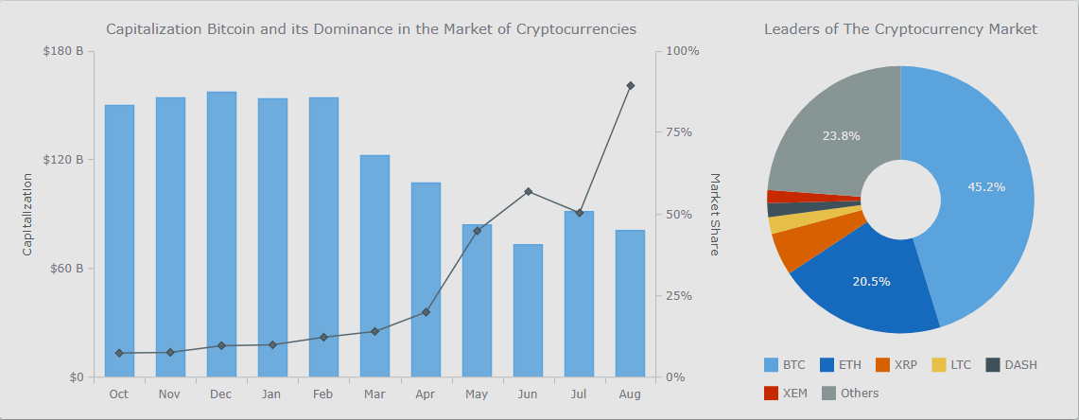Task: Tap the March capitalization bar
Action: pos(374,266)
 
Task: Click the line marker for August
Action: pos(630,86)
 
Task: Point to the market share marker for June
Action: pos(528,192)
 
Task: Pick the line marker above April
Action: pos(426,312)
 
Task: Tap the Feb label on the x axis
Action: pos(323,394)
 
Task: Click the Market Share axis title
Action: pos(715,214)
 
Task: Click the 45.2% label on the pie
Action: pos(986,187)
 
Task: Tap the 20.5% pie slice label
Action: pos(871,281)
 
